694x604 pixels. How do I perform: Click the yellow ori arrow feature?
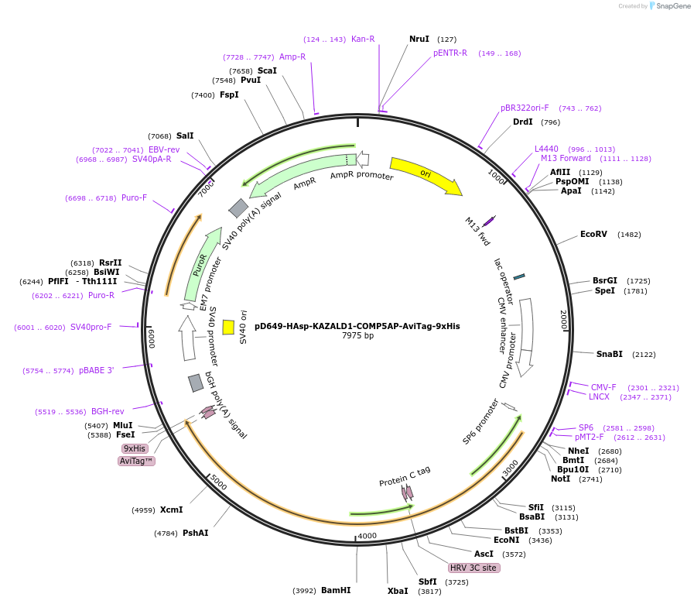[425, 175]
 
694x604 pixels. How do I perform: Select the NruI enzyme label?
[419, 39]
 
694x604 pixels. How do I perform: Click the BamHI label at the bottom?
[336, 590]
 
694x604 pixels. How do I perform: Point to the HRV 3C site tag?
[473, 568]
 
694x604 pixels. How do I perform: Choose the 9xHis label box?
[135, 448]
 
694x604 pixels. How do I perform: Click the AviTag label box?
[136, 461]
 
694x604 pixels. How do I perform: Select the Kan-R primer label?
[363, 39]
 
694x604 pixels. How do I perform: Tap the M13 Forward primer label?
[566, 159]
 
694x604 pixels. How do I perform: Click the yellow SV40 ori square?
[228, 327]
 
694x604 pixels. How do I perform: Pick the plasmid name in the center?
[357, 326]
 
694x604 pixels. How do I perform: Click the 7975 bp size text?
[357, 336]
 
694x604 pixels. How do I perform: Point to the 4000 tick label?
[367, 536]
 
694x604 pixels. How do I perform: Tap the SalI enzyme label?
[185, 136]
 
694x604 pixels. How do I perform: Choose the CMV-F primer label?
[603, 387]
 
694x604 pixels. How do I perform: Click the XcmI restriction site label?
[171, 510]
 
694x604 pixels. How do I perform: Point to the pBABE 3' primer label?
[96, 370]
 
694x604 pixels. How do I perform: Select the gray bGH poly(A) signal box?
[196, 383]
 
